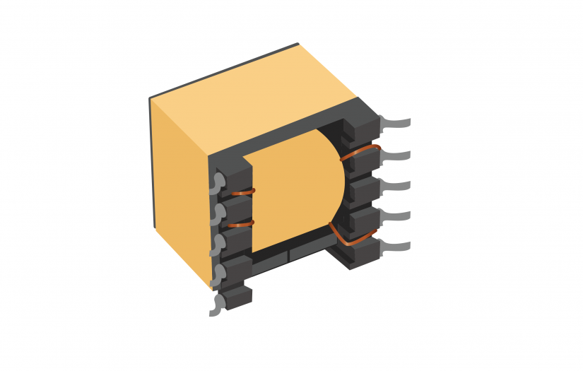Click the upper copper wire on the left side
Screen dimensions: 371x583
pos(242,192)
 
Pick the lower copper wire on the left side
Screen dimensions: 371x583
pos(242,223)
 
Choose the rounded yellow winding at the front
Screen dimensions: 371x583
pos(297,191)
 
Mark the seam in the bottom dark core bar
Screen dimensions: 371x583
pos(289,254)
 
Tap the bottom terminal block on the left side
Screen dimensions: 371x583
pos(237,297)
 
